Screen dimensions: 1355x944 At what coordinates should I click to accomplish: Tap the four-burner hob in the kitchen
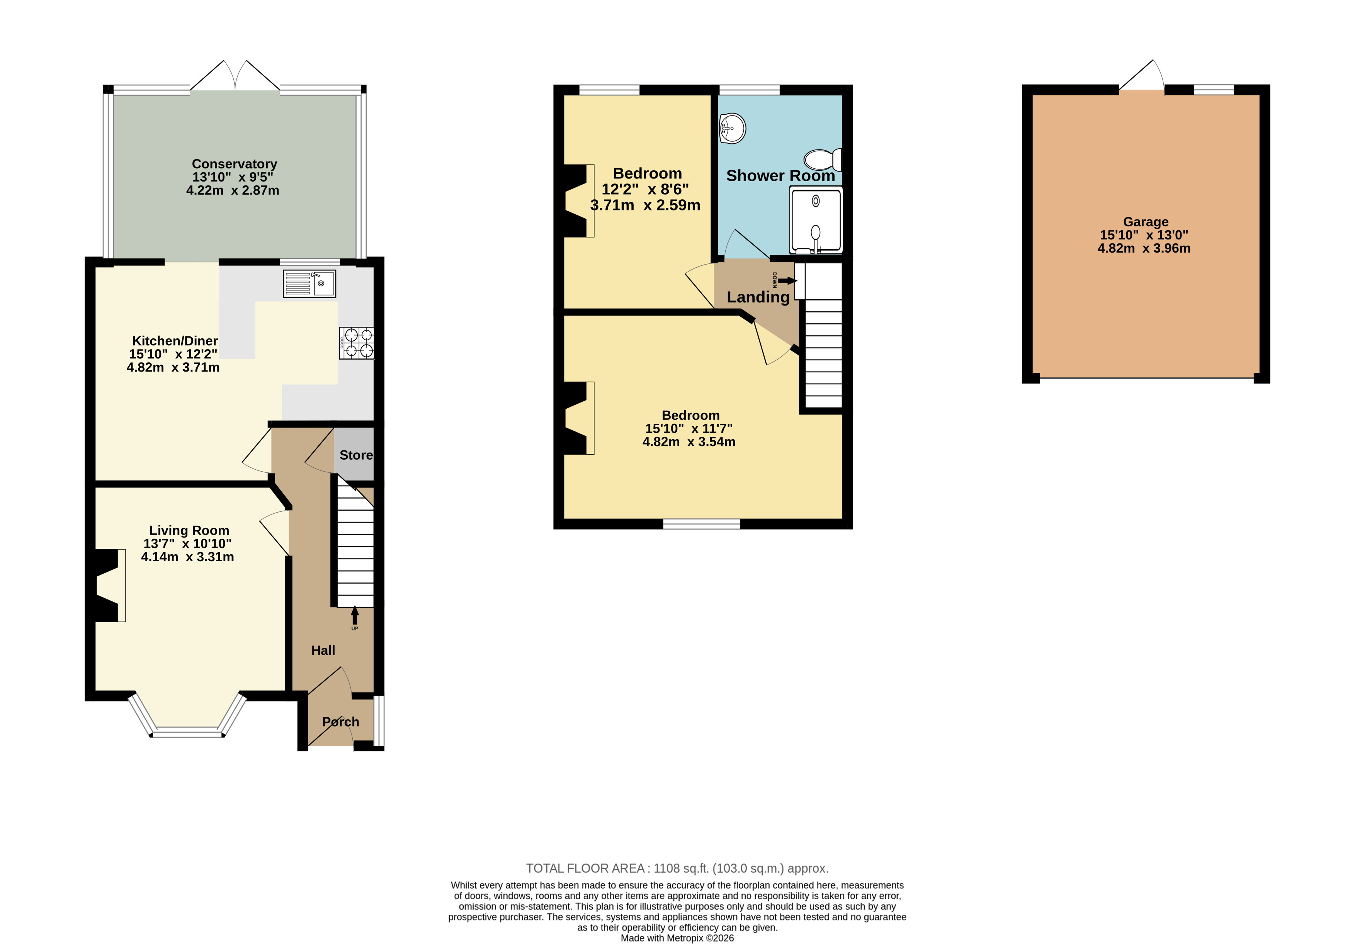click(357, 343)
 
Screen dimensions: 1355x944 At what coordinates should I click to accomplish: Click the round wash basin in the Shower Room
click(733, 128)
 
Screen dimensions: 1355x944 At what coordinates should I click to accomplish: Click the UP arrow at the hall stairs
click(355, 617)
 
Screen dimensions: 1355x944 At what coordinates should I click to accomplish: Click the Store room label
click(356, 455)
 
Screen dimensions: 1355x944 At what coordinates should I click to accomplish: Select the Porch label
click(340, 722)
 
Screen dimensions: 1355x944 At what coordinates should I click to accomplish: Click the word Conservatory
click(234, 164)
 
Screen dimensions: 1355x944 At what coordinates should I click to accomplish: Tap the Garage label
click(1146, 222)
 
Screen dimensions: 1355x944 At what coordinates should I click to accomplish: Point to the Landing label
click(758, 297)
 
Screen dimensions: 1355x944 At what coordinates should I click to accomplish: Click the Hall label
click(323, 650)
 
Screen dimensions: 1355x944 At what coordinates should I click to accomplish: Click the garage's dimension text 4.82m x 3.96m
click(1144, 248)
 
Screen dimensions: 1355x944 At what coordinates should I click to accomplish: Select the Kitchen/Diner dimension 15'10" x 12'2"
click(173, 354)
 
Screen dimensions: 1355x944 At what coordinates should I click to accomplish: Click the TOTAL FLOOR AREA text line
click(677, 868)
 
